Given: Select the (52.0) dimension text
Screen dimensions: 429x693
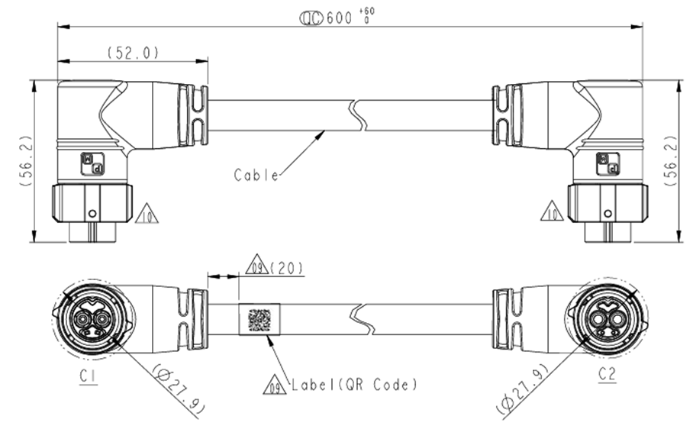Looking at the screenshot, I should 132,53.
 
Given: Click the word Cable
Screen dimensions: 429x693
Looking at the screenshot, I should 256,175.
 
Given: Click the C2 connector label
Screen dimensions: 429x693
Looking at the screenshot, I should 607,374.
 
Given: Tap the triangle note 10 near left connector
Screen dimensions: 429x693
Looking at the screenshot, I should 147,214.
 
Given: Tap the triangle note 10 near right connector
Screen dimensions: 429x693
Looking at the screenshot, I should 552,211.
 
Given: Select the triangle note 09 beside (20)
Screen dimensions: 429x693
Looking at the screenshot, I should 256,267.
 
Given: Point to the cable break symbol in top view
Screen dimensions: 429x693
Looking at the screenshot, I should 358,115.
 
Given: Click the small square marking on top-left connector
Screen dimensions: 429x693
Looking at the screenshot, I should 92,164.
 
